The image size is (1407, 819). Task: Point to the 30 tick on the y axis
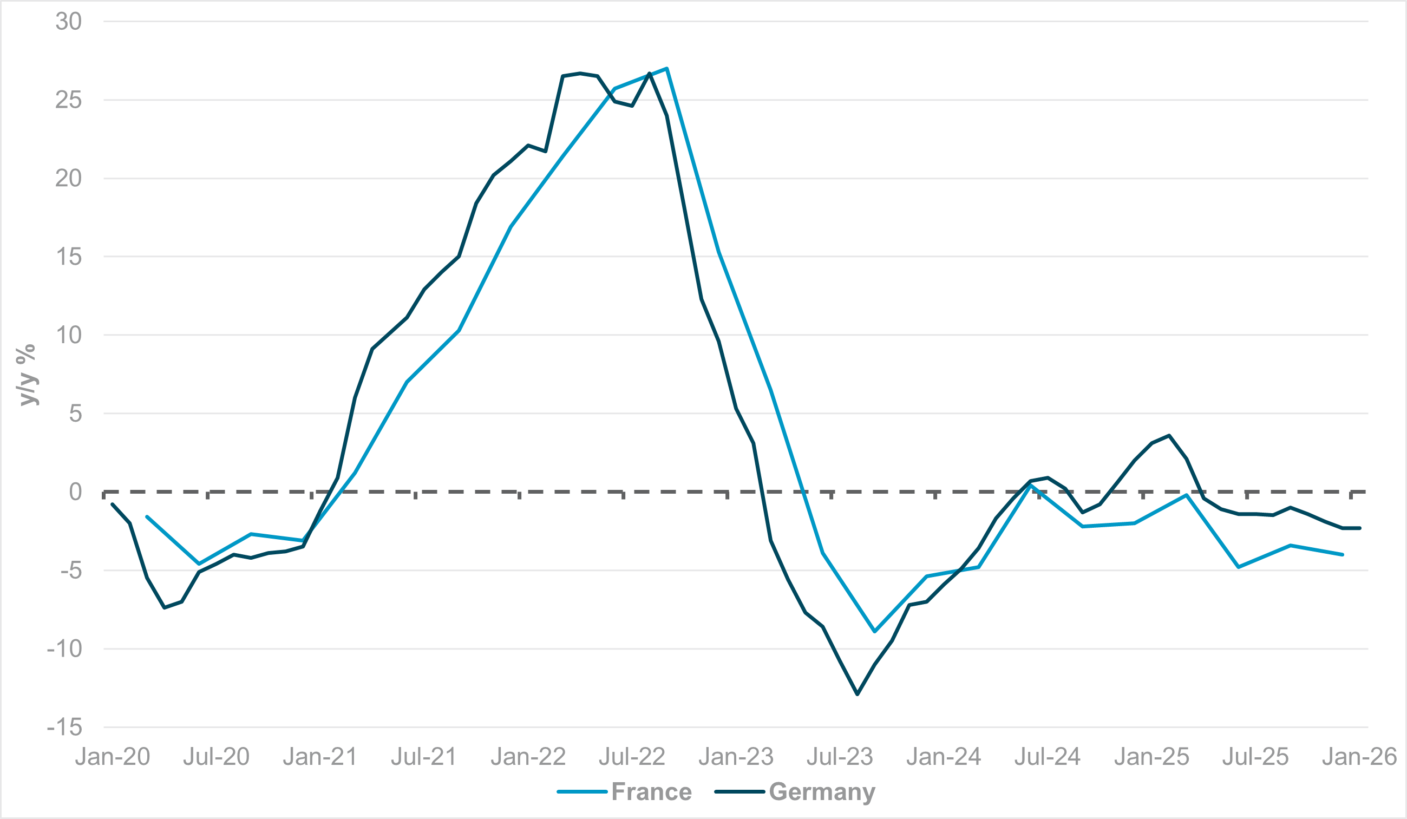[x=69, y=22]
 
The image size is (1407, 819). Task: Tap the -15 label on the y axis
[x=65, y=728]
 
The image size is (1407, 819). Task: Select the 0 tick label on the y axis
[x=75, y=492]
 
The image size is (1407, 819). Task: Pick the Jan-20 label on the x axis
[x=113, y=756]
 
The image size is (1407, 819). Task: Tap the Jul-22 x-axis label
[x=632, y=756]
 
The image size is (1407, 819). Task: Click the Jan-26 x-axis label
[x=1359, y=756]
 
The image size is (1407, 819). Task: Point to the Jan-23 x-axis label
[x=736, y=756]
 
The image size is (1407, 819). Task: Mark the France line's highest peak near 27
[x=667, y=69]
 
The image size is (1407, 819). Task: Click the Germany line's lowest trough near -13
[x=858, y=694]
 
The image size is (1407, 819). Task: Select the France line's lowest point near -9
[x=875, y=631]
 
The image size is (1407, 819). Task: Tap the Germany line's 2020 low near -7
[x=164, y=607]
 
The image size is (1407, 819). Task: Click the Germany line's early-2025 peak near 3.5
[x=1169, y=435]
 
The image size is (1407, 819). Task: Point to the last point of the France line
[x=1342, y=554]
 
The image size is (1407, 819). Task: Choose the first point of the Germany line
[x=112, y=504]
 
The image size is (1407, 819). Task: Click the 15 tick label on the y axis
[x=69, y=257]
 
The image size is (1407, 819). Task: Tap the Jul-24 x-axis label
[x=1048, y=756]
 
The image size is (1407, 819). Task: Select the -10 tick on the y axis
[x=65, y=648]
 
